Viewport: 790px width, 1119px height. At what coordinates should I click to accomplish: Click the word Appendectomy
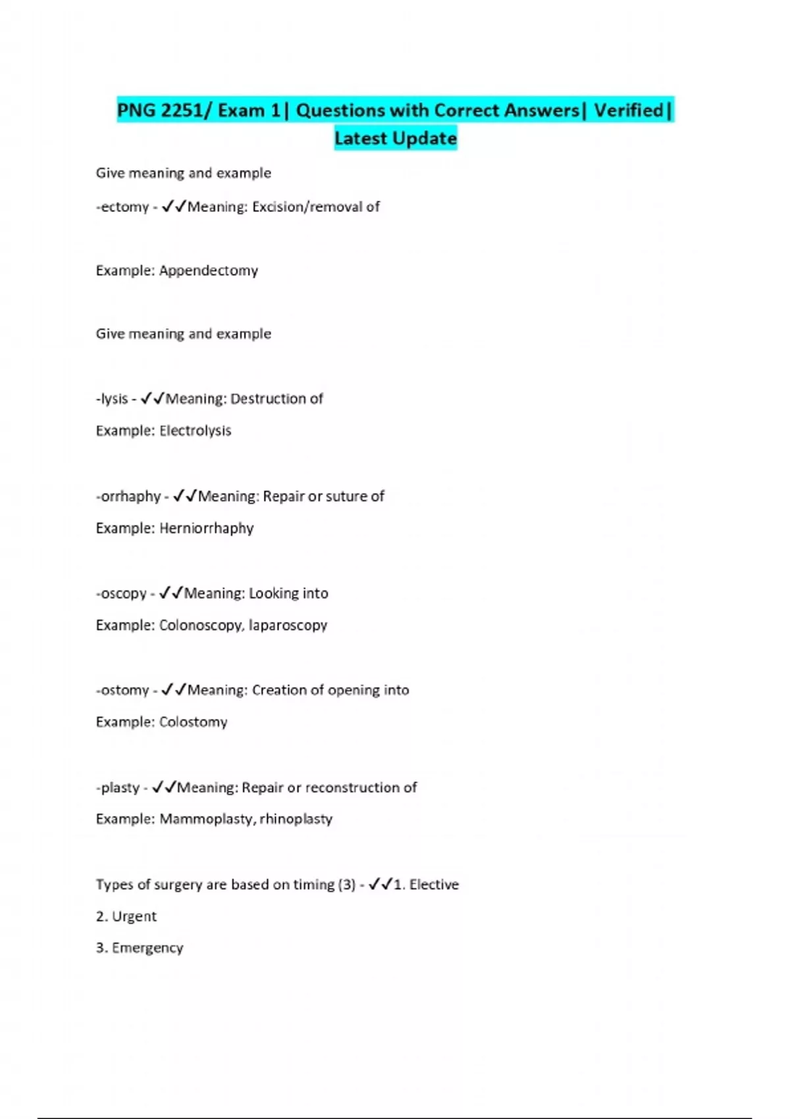208,271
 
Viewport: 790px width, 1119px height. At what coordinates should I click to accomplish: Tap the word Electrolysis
195,430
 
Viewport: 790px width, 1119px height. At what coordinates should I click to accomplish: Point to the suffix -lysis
112,399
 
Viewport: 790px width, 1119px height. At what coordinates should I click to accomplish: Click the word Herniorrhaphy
206,528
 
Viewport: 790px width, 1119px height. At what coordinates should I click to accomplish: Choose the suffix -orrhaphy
128,496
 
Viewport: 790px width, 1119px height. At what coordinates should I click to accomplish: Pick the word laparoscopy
288,625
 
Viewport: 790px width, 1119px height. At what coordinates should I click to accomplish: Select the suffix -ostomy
122,690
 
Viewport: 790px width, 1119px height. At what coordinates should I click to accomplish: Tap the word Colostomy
193,722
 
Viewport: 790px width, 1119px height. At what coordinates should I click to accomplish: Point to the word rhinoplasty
296,820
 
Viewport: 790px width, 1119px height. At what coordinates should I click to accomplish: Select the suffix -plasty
118,788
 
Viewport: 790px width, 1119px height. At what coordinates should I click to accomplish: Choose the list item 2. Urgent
126,916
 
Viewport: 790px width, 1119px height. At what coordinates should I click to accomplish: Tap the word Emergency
147,948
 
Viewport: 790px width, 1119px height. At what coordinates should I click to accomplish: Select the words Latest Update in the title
395,139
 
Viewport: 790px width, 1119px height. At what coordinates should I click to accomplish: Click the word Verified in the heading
628,111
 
